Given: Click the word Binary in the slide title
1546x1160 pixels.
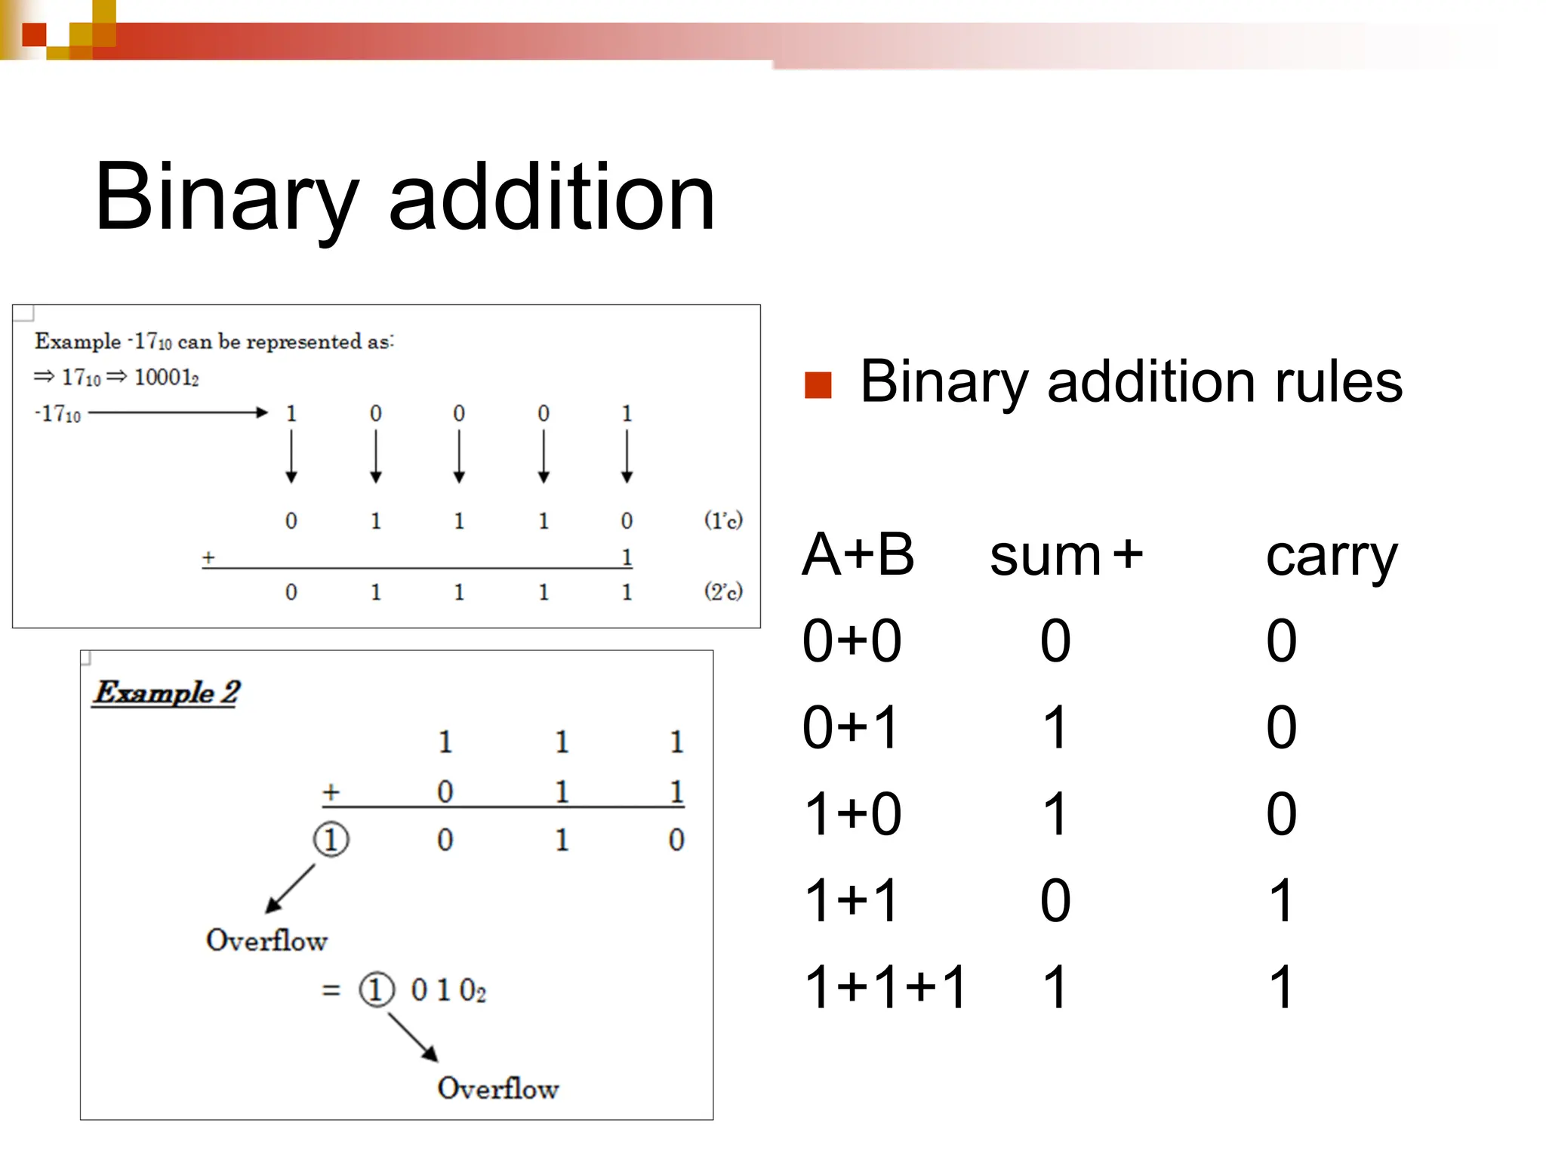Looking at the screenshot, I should [x=226, y=198].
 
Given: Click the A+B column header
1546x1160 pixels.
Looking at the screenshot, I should [x=858, y=555].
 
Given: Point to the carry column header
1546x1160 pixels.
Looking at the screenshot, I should [x=1332, y=557].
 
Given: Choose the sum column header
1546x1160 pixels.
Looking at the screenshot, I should [x=1045, y=557].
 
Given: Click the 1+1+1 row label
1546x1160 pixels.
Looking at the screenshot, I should [x=885, y=987].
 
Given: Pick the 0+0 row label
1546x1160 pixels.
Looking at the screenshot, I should [x=852, y=641].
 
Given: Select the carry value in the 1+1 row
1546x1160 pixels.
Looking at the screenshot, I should [x=1282, y=901].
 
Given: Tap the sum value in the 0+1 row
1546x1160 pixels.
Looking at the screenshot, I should [x=1055, y=728].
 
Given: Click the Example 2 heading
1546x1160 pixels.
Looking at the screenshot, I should [x=167, y=693].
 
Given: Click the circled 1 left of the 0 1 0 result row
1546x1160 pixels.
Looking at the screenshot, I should [x=331, y=839].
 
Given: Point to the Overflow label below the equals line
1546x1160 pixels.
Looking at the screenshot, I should [x=497, y=1088].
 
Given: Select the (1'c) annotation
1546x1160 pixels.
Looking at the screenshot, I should [x=722, y=520].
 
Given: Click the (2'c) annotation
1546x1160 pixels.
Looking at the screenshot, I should [x=722, y=591].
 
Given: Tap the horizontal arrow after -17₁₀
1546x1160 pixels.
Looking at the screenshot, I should [x=178, y=412].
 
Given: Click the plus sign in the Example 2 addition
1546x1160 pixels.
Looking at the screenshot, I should [x=331, y=791].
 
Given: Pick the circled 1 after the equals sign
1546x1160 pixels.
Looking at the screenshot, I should [x=376, y=989].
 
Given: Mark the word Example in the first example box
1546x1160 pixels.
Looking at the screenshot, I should [x=78, y=341].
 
